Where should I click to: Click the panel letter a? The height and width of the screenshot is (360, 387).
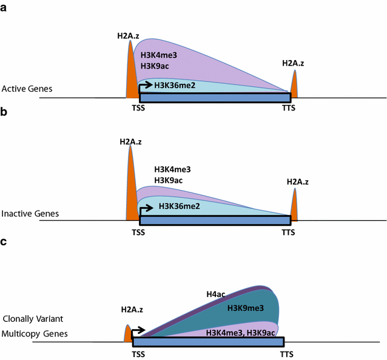click(4, 8)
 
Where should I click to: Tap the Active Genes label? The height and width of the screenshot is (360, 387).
click(27, 89)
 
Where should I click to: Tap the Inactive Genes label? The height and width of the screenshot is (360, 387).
click(30, 214)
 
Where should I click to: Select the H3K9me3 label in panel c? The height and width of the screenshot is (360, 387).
click(246, 308)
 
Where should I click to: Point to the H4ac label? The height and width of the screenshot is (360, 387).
click(215, 295)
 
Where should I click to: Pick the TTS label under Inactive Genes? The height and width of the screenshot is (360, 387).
click(289, 232)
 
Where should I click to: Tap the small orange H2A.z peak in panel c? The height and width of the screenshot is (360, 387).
click(128, 334)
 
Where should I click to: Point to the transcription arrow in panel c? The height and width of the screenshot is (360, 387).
click(138, 331)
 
